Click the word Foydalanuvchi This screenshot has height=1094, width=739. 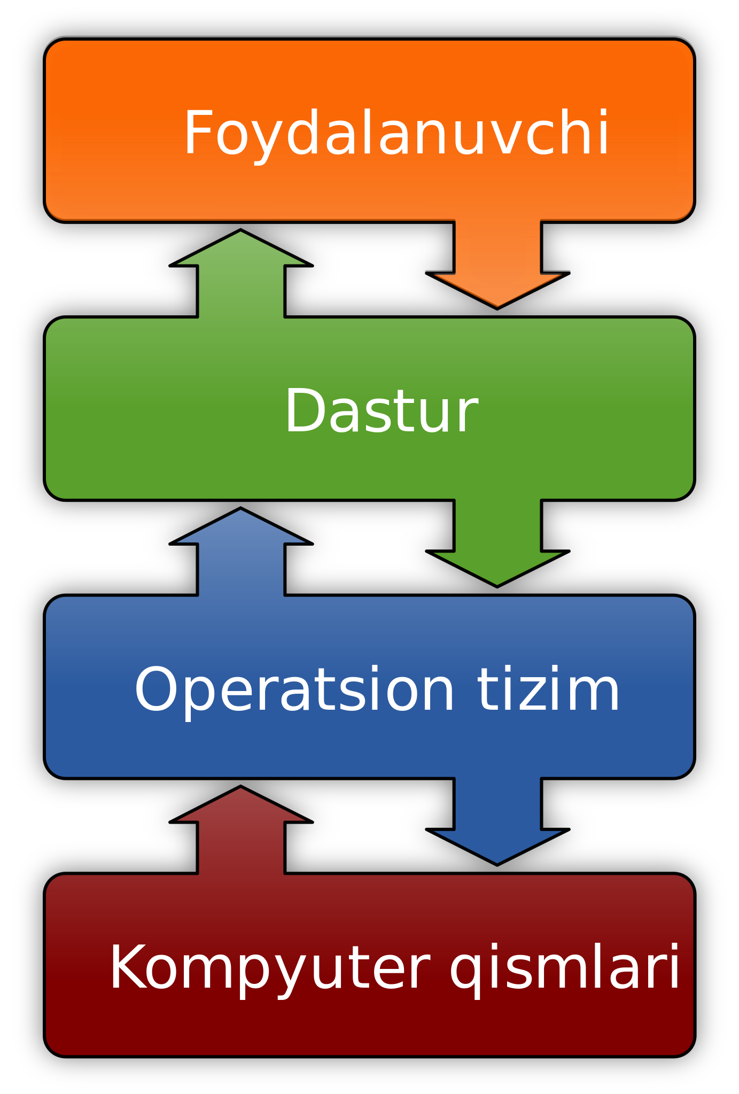pyautogui.click(x=396, y=134)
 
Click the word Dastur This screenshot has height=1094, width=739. pyautogui.click(x=381, y=412)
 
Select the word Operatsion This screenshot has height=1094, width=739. pyautogui.click(x=294, y=690)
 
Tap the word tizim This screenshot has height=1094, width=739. pyautogui.click(x=548, y=690)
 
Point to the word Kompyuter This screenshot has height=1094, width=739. pyautogui.click(x=269, y=968)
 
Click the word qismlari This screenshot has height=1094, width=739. pyautogui.click(x=565, y=968)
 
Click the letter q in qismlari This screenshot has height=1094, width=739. pyautogui.click(x=465, y=974)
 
